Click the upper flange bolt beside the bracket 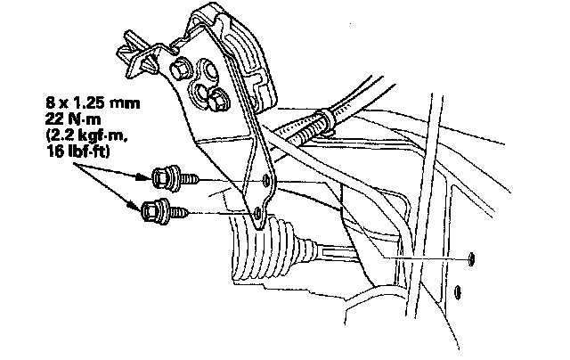click(x=166, y=177)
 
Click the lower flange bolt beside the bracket click(x=155, y=212)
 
